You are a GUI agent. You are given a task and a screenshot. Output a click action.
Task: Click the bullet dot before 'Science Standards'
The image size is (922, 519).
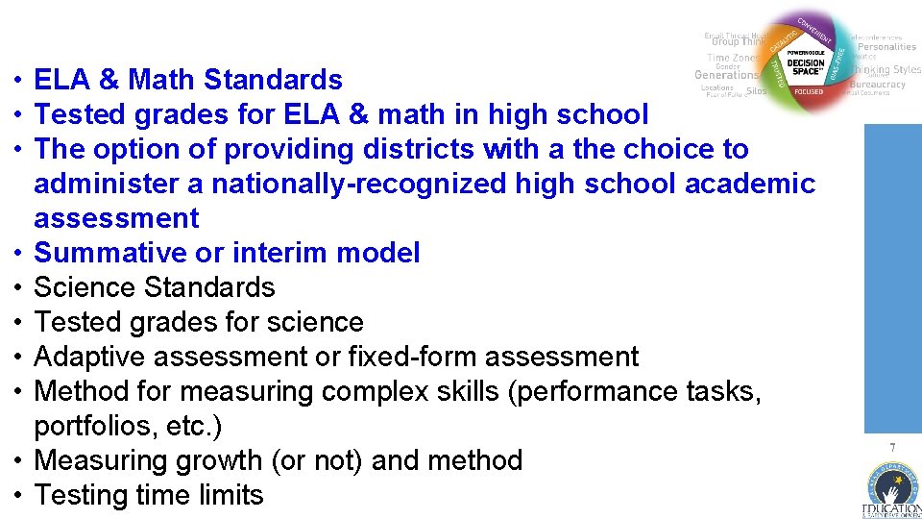(x=18, y=287)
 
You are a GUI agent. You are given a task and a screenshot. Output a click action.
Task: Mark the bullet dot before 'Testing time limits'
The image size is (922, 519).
(x=18, y=495)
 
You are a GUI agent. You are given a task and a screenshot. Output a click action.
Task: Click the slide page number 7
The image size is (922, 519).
(x=892, y=448)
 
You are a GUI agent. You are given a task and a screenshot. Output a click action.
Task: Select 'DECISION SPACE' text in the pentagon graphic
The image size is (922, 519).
(x=805, y=66)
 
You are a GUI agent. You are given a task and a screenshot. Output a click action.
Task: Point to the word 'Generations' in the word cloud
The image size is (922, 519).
(x=725, y=75)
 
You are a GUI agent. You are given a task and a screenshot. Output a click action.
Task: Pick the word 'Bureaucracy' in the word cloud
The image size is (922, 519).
(x=878, y=84)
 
